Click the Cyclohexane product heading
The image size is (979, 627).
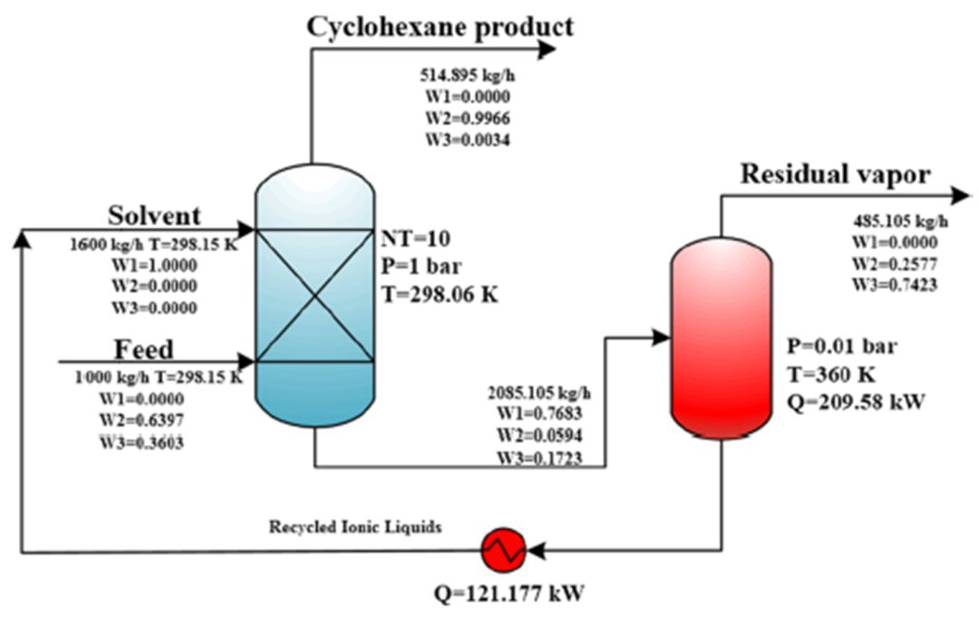[440, 26]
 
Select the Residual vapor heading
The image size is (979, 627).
[835, 174]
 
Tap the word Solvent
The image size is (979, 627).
[154, 216]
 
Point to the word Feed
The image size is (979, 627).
[144, 349]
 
